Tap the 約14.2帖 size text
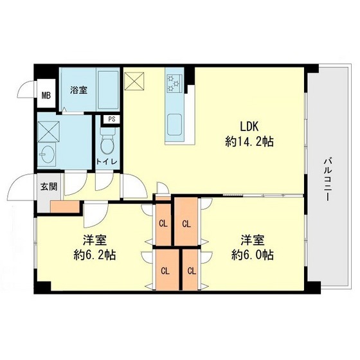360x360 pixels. point(250,141)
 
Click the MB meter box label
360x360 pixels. point(46,97)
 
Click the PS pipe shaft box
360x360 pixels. point(111,119)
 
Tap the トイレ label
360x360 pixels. point(107,161)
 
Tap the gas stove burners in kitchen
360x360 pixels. point(174,81)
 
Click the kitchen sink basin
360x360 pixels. point(175,123)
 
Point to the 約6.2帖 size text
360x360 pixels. point(93,255)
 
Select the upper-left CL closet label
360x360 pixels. point(163,224)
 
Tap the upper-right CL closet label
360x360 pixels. point(186,224)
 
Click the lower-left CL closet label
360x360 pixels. point(165,270)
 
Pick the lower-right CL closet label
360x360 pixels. point(191,270)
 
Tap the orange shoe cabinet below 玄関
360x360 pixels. point(64,207)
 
